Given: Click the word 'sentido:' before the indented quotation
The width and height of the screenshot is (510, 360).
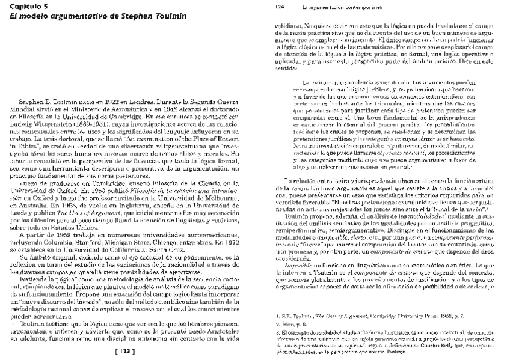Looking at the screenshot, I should point(285,67).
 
